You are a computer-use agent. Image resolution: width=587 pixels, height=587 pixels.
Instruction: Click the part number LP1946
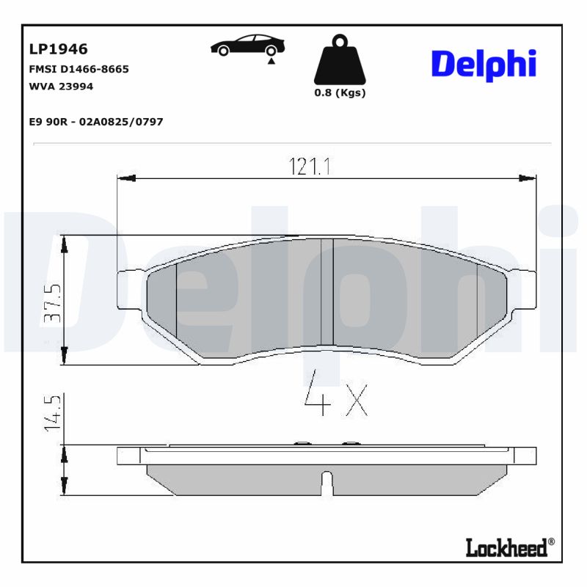click(x=58, y=49)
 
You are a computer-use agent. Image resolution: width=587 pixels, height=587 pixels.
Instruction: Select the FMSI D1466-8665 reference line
click(x=79, y=69)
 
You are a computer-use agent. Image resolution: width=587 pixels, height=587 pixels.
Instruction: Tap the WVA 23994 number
click(x=61, y=86)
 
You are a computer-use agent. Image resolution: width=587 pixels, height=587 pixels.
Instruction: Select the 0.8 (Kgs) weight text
click(x=340, y=93)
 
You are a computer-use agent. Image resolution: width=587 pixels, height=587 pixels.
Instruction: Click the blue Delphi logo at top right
click(x=484, y=65)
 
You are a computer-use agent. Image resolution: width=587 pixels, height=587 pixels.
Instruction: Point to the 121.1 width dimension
click(x=311, y=167)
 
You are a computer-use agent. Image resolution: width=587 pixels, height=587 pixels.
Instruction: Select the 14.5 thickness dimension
click(x=52, y=415)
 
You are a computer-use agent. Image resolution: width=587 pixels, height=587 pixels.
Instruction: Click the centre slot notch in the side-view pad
click(x=327, y=483)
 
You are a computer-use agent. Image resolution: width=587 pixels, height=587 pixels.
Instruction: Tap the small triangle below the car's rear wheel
click(x=271, y=63)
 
